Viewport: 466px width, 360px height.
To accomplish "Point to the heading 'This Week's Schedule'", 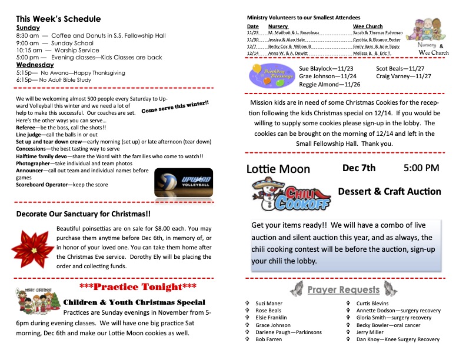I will (x=58, y=19).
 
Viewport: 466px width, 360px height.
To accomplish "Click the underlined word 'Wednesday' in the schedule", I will (x=35, y=65).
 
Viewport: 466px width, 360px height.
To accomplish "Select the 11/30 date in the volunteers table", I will (x=252, y=39).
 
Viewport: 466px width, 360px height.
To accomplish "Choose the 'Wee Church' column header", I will (x=368, y=26).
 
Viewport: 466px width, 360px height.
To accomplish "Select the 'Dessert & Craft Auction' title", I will (x=390, y=191).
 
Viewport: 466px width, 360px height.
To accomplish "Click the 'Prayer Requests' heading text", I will (x=343, y=289).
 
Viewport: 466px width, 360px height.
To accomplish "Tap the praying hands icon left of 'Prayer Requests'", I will (x=298, y=289).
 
